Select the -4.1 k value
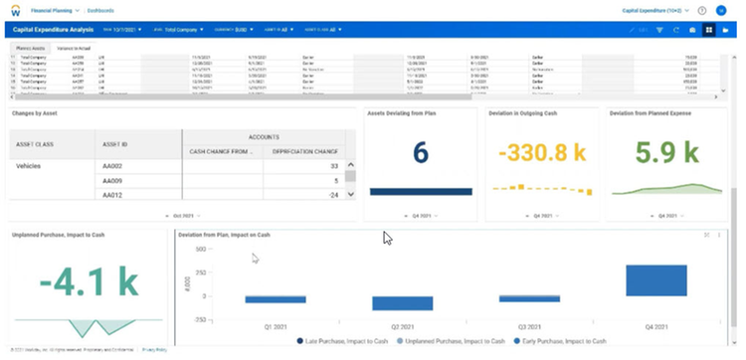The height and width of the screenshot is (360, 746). pos(88,282)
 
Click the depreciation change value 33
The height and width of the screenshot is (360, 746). pos(335,164)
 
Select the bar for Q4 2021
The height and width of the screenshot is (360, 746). pos(655,281)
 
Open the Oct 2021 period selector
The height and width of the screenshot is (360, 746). pos(183,214)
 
